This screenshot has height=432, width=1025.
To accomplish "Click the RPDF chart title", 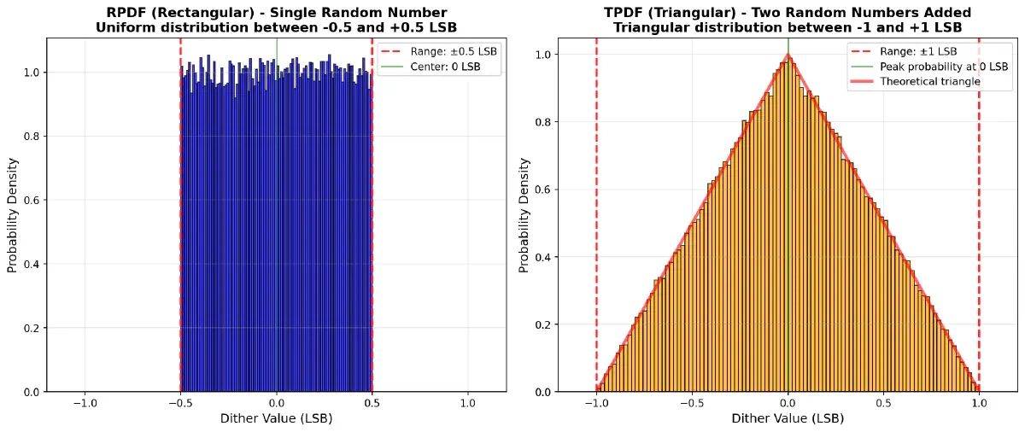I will (x=276, y=20).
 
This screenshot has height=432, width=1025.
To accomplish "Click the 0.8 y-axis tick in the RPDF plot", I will (x=32, y=137).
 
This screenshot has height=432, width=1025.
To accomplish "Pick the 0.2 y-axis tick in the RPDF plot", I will (x=32, y=328).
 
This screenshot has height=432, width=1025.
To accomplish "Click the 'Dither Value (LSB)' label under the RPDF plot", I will (x=276, y=419).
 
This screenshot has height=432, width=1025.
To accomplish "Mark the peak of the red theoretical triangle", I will (x=788, y=55).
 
